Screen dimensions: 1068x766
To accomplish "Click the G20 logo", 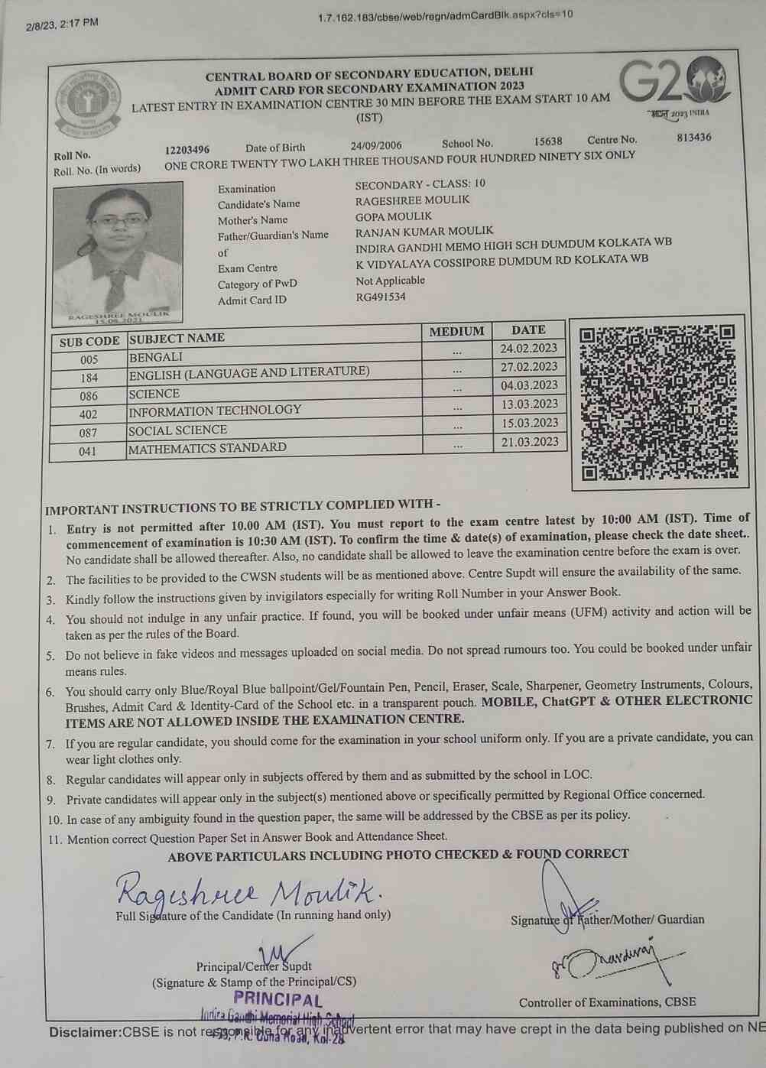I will (673, 83).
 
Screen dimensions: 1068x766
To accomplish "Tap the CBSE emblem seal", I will (89, 105).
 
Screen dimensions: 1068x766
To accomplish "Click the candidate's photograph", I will (118, 249).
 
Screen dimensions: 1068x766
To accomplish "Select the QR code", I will (657, 401).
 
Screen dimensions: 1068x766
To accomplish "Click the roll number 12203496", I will (187, 149).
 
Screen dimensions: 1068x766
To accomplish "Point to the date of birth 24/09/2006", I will (376, 145).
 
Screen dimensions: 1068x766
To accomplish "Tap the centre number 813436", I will (693, 138).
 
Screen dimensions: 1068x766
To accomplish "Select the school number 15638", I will (548, 141).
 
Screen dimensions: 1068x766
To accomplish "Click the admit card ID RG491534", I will (381, 297).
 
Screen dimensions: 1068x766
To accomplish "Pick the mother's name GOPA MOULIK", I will (394, 216).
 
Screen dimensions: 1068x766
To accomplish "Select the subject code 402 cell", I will (89, 414).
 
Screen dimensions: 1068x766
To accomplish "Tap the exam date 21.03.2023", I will (529, 442).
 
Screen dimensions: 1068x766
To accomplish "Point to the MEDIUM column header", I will (456, 332).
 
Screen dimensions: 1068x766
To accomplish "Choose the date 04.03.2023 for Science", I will (529, 385).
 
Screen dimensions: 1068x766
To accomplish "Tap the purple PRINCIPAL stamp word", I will (278, 998).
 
